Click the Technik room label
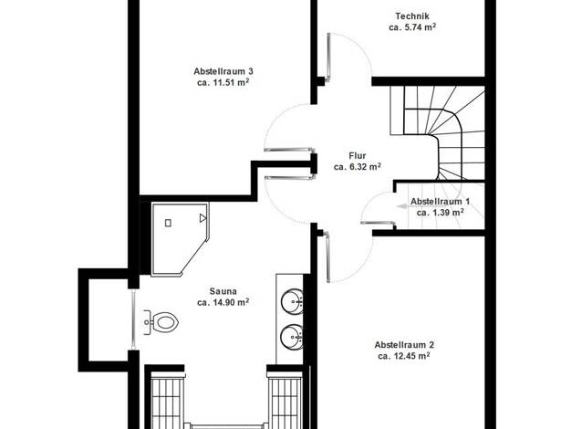pyautogui.click(x=412, y=16)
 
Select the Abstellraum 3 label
pyautogui.click(x=223, y=71)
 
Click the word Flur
pyautogui.click(x=358, y=156)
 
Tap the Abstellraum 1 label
pyautogui.click(x=440, y=201)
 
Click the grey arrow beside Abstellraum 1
pyautogui.click(x=402, y=206)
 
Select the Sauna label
pyautogui.click(x=223, y=291)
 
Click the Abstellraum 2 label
pyautogui.click(x=404, y=344)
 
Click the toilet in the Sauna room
pyautogui.click(x=161, y=322)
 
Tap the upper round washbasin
pyautogui.click(x=292, y=301)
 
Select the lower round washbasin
pyautogui.click(x=292, y=337)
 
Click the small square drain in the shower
pyautogui.click(x=168, y=223)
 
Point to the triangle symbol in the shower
pyautogui.click(x=202, y=218)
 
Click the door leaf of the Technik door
pyautogui.click(x=329, y=57)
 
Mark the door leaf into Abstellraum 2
pyautogui.click(x=327, y=257)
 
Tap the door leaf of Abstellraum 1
pyautogui.click(x=378, y=223)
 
